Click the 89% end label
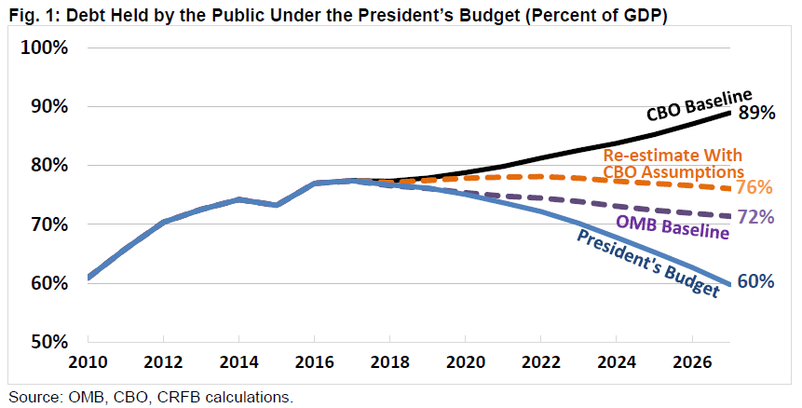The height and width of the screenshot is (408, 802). pyautogui.click(x=757, y=113)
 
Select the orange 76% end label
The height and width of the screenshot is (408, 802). pyautogui.click(x=755, y=187)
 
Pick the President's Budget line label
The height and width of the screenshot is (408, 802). pyautogui.click(x=648, y=264)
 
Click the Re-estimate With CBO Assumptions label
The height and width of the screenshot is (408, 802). pyautogui.click(x=673, y=164)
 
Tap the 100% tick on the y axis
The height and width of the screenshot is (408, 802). pyautogui.click(x=42, y=48)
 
